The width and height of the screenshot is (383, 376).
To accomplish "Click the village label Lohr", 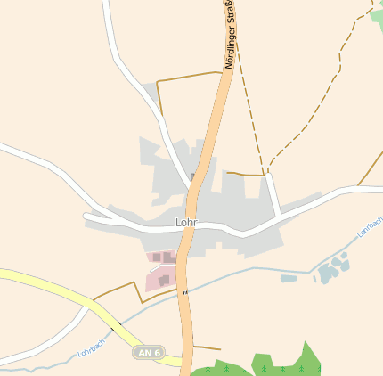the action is tap(185, 222).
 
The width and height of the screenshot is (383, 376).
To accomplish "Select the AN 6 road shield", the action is tap(149, 353).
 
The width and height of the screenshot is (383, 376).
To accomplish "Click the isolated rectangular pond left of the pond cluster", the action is tap(289, 278).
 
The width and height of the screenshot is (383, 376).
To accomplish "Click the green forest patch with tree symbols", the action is tap(285, 361).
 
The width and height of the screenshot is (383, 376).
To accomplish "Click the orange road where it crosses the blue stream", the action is tap(185, 292).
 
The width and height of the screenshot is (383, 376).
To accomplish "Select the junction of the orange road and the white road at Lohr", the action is tap(188, 229).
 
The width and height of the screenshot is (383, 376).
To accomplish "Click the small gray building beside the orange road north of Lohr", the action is tap(193, 176).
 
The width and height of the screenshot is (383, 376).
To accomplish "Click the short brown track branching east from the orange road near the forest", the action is tap(207, 347).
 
